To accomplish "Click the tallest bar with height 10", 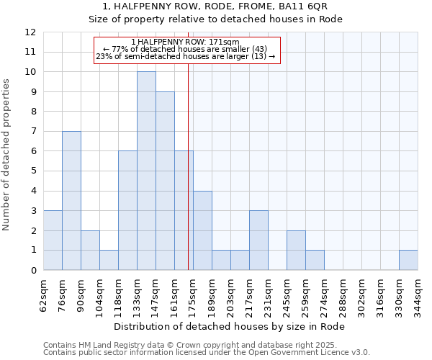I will click(146, 171).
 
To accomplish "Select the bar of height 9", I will click(165, 181).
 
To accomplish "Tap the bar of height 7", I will click(71, 200).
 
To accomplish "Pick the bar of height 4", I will click(202, 230).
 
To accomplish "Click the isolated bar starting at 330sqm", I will click(408, 260).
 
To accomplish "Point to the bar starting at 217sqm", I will click(258, 240).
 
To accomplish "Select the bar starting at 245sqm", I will click(296, 251).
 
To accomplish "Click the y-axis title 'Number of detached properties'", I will click(6, 155).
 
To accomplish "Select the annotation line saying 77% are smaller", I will click(186, 49).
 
